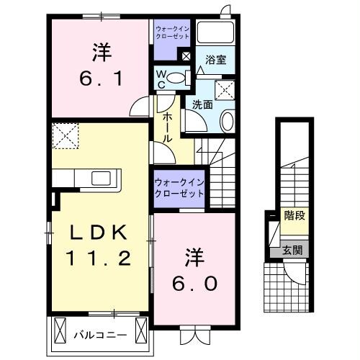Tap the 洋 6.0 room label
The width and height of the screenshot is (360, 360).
click(x=192, y=270)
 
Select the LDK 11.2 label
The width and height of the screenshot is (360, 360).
click(x=99, y=245)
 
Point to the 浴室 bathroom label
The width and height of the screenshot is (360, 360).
click(x=215, y=60)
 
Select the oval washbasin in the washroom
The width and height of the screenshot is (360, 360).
click(x=227, y=120)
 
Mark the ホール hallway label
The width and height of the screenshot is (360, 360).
click(x=166, y=127)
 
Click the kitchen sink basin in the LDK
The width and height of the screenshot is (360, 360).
click(x=99, y=177)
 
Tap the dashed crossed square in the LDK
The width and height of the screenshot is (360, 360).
click(x=66, y=135)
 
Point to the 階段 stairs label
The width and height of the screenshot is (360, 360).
click(x=294, y=215)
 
